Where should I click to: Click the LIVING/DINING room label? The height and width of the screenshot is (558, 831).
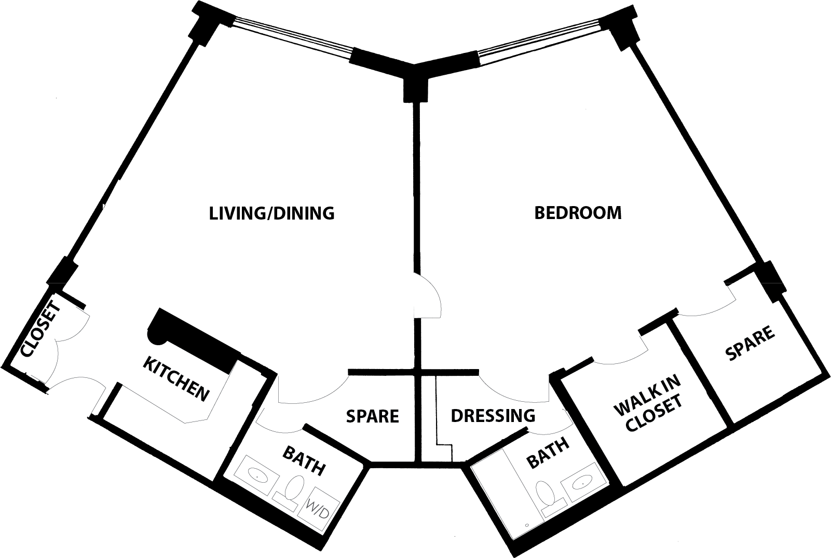pyautogui.click(x=271, y=213)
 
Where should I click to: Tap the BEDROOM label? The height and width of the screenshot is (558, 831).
pyautogui.click(x=578, y=213)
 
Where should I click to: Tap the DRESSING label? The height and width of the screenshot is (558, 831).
pyautogui.click(x=493, y=416)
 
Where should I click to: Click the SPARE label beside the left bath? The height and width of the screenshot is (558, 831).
pyautogui.click(x=372, y=416)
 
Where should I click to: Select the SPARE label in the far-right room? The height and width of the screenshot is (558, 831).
pyautogui.click(x=750, y=343)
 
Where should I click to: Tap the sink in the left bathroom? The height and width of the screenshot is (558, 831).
pyautogui.click(x=256, y=474)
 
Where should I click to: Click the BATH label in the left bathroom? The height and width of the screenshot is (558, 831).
pyautogui.click(x=304, y=460)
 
